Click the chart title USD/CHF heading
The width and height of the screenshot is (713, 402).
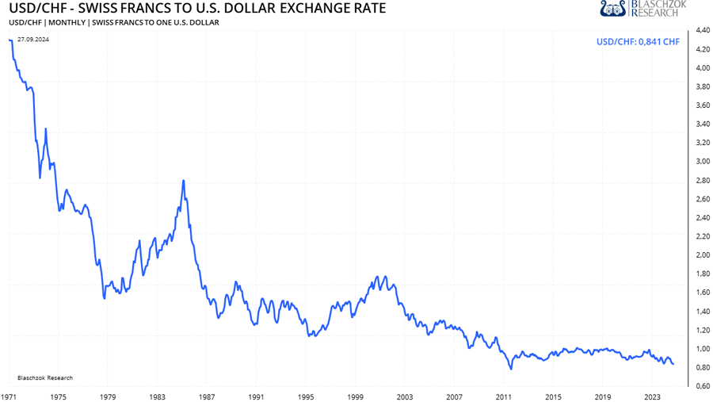pyautogui.click(x=197, y=9)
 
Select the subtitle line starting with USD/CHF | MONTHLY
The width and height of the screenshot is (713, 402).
pyautogui.click(x=114, y=22)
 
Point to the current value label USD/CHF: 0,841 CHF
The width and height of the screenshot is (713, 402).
pyautogui.click(x=637, y=42)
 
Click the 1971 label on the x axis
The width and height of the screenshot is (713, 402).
pyautogui.click(x=10, y=395)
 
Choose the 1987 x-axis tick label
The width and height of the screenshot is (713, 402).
pyautogui.click(x=207, y=395)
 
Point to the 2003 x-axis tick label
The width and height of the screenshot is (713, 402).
pyautogui.click(x=405, y=395)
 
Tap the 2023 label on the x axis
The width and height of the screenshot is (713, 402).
pyautogui.click(x=652, y=395)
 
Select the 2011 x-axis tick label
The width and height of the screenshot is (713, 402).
pyautogui.click(x=504, y=395)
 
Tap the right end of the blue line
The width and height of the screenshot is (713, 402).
pyautogui.click(x=673, y=364)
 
